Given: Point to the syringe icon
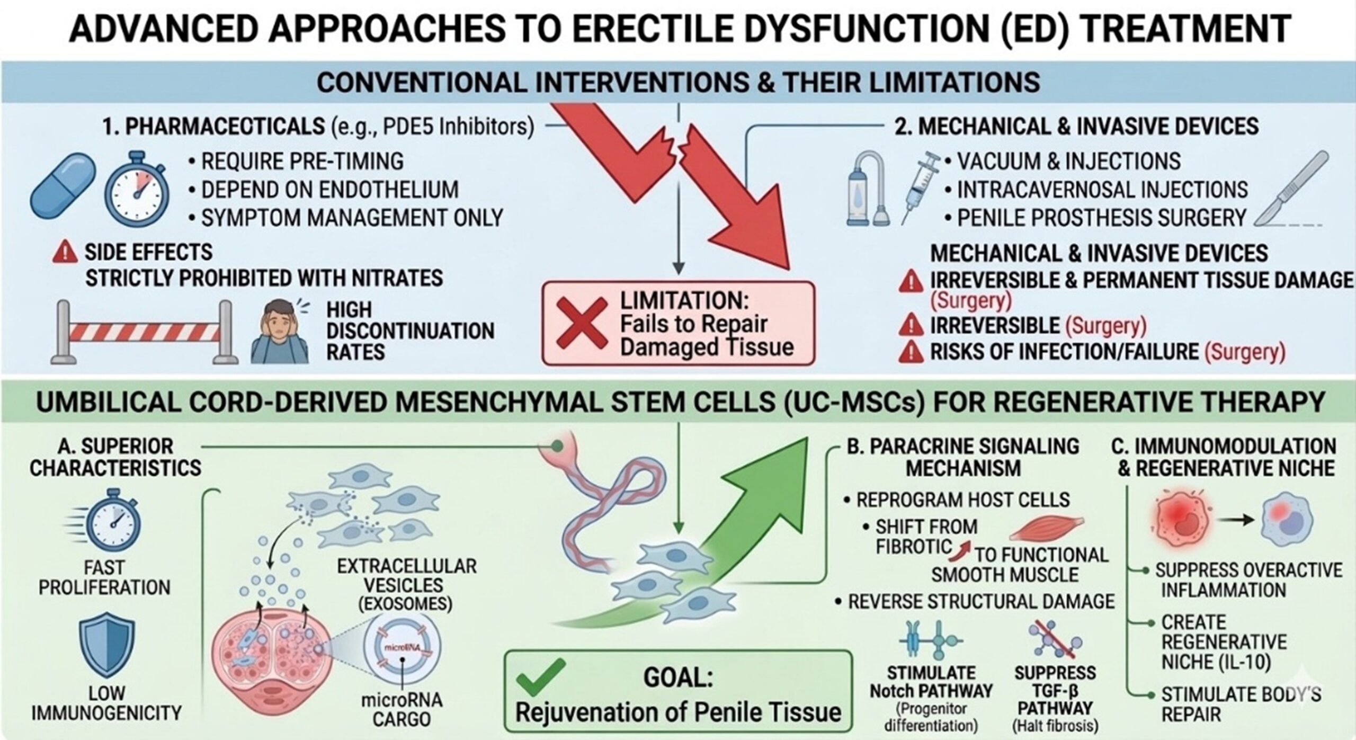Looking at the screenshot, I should (x=922, y=188).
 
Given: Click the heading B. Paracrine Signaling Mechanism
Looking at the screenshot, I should (x=963, y=457).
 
